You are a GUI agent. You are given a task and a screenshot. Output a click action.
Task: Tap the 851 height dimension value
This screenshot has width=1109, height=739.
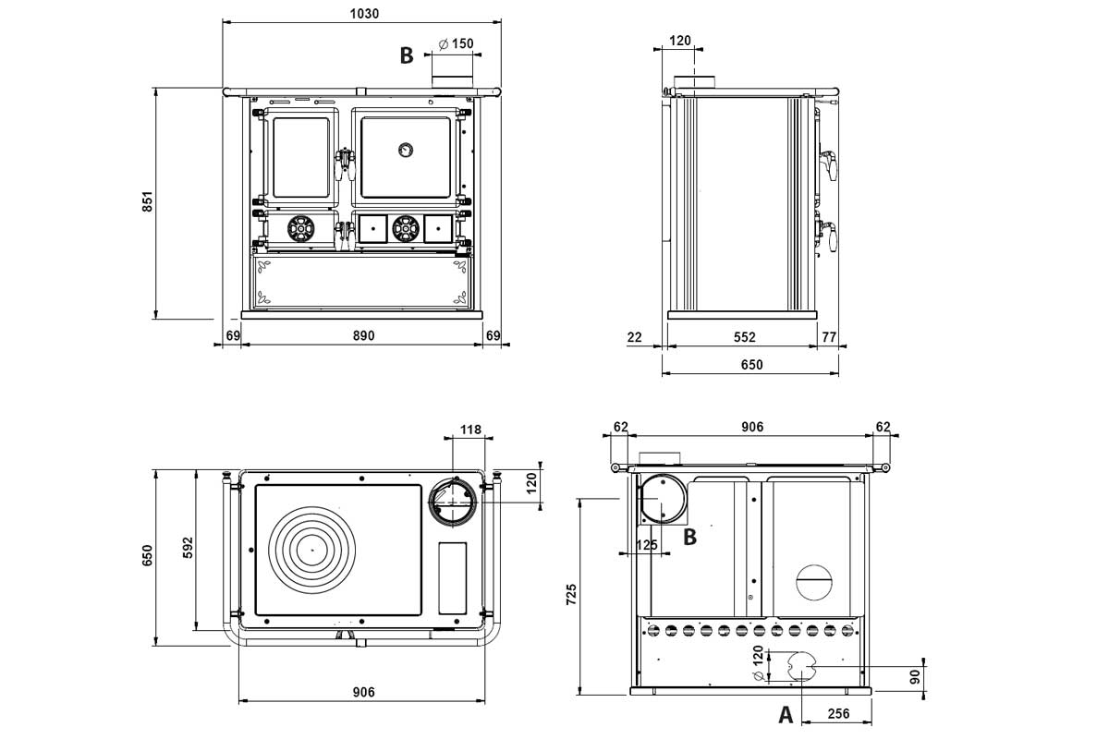click(x=147, y=203)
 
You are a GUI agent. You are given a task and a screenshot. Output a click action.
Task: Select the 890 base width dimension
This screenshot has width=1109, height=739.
click(x=363, y=335)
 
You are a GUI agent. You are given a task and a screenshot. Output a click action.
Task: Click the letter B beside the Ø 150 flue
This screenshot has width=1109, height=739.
click(x=406, y=55)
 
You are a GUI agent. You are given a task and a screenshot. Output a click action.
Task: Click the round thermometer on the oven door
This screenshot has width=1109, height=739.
click(x=406, y=150)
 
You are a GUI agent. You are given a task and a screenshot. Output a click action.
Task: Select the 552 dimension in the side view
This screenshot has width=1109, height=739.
click(x=745, y=337)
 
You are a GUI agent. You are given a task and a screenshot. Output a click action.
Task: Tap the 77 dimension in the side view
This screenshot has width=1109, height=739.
click(x=828, y=337)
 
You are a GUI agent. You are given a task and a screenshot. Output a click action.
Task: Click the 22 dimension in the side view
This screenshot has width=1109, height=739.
click(x=634, y=337)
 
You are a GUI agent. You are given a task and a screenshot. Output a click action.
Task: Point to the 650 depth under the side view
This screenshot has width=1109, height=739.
click(x=751, y=365)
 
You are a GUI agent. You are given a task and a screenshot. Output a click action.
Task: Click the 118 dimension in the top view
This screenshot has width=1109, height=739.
click(x=471, y=430)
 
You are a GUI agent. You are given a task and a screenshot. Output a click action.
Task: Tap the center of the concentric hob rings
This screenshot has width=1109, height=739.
click(x=312, y=550)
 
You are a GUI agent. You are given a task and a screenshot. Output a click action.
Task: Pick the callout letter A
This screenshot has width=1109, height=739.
click(x=786, y=713)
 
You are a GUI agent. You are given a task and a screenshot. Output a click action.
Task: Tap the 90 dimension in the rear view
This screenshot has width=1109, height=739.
click(x=916, y=676)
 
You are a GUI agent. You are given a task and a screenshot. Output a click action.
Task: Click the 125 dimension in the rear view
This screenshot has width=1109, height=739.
click(x=647, y=545)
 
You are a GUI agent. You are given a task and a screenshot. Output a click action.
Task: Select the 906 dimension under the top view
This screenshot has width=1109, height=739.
click(x=363, y=693)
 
